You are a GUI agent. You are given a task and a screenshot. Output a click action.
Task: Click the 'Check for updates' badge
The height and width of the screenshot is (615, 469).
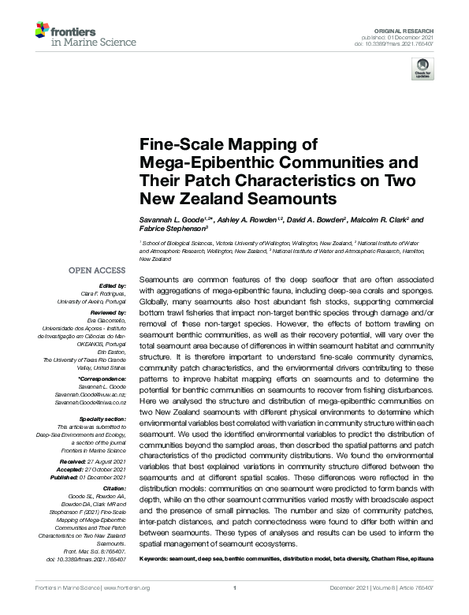click(422, 70)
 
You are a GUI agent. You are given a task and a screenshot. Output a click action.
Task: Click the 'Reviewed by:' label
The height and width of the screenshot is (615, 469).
click(108, 312)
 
